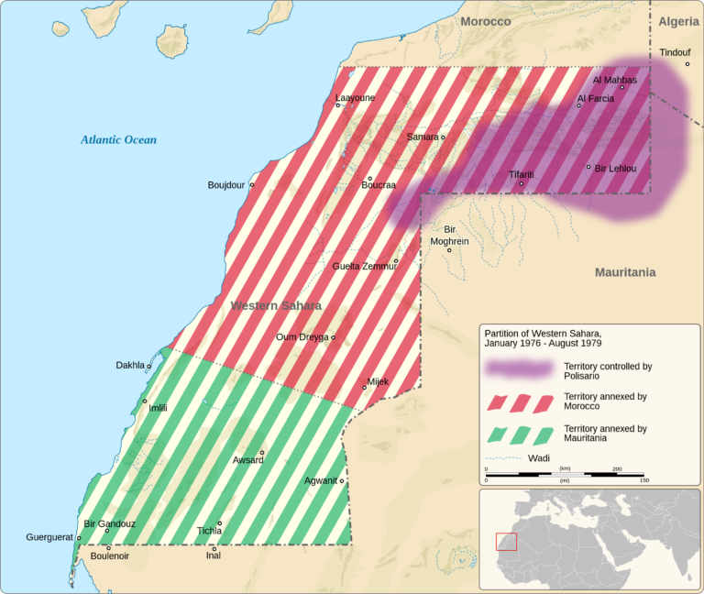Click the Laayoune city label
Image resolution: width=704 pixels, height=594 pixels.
tap(354, 96)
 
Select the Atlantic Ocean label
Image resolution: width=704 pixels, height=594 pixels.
tap(118, 140)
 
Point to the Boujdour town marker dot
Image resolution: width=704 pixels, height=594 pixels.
tap(252, 184)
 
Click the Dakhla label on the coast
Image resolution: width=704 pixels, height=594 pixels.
tap(129, 365)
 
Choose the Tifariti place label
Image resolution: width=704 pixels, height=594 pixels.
tap(522, 174)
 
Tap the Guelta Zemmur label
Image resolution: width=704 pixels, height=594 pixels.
tap(362, 266)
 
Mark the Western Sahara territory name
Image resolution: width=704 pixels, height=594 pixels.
tap(276, 305)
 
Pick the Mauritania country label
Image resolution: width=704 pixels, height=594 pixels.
tap(625, 272)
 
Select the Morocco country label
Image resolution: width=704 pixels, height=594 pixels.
tap(485, 21)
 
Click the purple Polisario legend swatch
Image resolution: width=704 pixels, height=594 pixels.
tap(519, 369)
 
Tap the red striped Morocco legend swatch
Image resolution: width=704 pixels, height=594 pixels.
tap(519, 401)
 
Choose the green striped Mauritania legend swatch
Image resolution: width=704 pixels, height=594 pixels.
tap(519, 433)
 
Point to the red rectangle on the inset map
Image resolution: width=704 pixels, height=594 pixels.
tap(506, 541)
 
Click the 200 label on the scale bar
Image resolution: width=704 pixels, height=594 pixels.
tap(616, 468)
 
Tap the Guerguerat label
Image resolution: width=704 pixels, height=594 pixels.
tap(49, 537)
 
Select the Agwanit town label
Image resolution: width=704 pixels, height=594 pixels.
tap(321, 480)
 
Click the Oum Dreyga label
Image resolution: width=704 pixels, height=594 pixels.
tap(302, 336)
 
